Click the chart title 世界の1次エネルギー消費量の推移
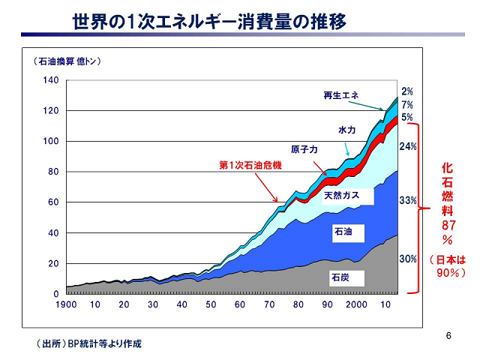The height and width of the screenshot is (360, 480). tap(209, 22)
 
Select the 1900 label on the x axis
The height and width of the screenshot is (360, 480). tap(66, 304)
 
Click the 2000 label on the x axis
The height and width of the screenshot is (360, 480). tap(355, 304)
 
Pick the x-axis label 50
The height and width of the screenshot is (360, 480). tap(211, 304)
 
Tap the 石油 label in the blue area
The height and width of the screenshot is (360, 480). tap(342, 233)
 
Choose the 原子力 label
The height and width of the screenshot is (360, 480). tap(304, 149)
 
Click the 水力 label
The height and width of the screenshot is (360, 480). tap(346, 130)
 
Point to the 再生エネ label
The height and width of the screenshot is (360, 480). tap(341, 95)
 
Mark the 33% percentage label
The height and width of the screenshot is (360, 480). tap(408, 201)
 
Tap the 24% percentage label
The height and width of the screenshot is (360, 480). tap(408, 146)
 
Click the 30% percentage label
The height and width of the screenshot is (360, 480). tap(408, 259)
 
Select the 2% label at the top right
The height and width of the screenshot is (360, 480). tap(407, 91)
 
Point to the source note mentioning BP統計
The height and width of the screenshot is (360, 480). tap(88, 343)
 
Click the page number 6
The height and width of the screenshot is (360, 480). tap(448, 334)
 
